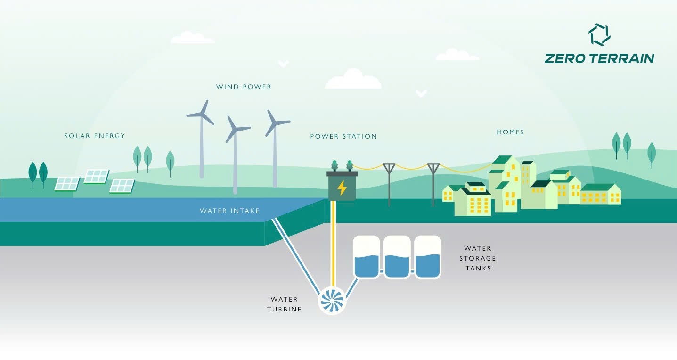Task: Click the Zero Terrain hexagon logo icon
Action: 599,35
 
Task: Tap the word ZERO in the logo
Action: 563,58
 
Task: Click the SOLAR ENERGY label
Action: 95,136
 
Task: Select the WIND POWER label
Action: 244,87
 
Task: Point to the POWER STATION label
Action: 343,136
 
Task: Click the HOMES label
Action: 510,132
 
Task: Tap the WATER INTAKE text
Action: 229,211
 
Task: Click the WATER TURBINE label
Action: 284,304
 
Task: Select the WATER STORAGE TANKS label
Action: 480,258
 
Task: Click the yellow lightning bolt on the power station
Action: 342,188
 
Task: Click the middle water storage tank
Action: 397,257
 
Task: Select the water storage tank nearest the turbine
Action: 366,257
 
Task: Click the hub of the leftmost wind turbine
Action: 202,114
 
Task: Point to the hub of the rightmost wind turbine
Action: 274,123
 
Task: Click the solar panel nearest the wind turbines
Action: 122,186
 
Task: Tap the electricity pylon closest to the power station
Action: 389,184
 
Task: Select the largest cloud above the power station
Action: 353,80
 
